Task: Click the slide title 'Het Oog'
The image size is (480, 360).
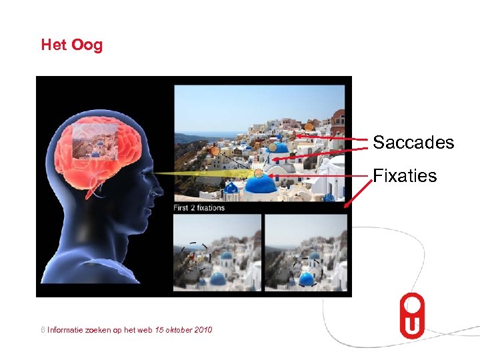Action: [72, 45]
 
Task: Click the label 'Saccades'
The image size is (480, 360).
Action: [413, 143]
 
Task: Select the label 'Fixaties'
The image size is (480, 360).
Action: [405, 176]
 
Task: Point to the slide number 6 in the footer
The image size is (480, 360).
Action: [43, 329]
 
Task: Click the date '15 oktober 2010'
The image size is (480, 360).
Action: [183, 329]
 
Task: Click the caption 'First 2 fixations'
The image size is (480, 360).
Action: [199, 207]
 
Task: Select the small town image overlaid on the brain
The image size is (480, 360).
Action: [94, 142]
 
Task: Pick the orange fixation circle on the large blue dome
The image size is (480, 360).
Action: [258, 174]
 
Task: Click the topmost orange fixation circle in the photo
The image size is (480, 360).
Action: [309, 126]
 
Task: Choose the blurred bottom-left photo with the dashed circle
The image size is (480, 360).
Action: [217, 252]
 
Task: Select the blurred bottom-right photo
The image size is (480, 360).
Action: [305, 252]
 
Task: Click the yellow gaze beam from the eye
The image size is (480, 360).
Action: [200, 175]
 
